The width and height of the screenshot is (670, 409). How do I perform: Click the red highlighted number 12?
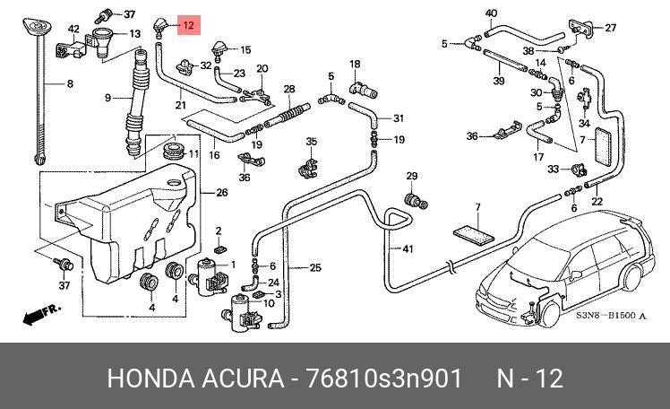click(x=188, y=25)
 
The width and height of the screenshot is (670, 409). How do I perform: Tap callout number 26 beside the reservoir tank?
click(x=222, y=193)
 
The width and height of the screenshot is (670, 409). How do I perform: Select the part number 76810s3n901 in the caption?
click(x=384, y=379)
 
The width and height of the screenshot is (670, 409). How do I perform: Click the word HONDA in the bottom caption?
click(x=150, y=379)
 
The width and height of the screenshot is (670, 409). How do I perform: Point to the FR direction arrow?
click(x=41, y=314)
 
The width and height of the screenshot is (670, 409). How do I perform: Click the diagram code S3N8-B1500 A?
click(x=611, y=316)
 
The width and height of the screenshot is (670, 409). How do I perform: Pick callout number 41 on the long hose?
click(x=408, y=248)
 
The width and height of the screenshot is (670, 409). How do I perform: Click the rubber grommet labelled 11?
click(x=174, y=151)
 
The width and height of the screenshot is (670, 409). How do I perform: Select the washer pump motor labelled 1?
click(x=210, y=276)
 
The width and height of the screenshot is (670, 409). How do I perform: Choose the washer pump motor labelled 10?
click(x=242, y=313)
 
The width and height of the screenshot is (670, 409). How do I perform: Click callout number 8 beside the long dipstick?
click(x=70, y=83)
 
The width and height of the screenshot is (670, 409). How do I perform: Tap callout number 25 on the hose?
click(x=315, y=268)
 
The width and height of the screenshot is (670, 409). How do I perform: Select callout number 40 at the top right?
click(x=492, y=13)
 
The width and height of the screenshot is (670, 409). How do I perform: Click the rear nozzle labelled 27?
click(x=581, y=28)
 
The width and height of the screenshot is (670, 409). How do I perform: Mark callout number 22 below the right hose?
click(x=597, y=201)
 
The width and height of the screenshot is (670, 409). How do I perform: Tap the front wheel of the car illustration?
click(x=549, y=314)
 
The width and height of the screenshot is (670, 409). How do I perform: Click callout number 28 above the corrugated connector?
click(x=289, y=89)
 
